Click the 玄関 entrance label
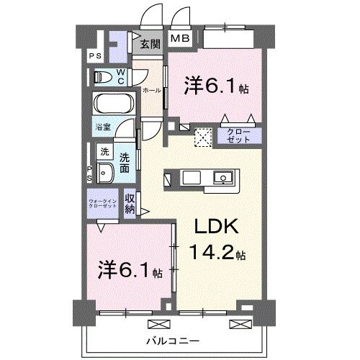pos(150,44)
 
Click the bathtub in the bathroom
pos(113,104)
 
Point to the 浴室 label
pos(102,127)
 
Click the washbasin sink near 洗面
pos(104,173)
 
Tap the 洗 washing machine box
pos(104,152)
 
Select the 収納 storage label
pos(130,203)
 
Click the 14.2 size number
pos(211,253)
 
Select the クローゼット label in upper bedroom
pos(239,135)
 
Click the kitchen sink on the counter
pos(222,177)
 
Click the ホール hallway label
pos(151,91)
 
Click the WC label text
pos(121,76)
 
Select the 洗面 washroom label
pos(125,163)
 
